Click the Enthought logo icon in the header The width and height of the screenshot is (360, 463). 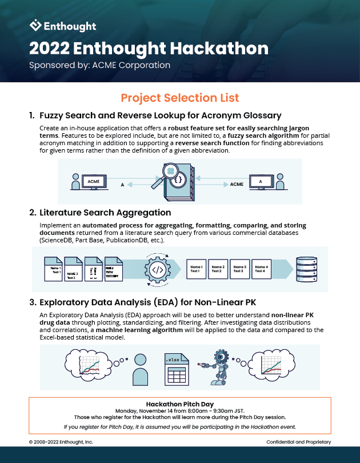35,25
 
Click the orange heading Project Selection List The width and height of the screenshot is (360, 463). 180,98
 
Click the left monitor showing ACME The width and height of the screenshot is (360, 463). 93,182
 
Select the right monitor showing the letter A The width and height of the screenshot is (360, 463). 261,182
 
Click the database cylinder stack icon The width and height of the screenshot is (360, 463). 303,268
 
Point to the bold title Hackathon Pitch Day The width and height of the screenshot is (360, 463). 180,403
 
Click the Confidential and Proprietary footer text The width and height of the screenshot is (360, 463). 298,442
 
